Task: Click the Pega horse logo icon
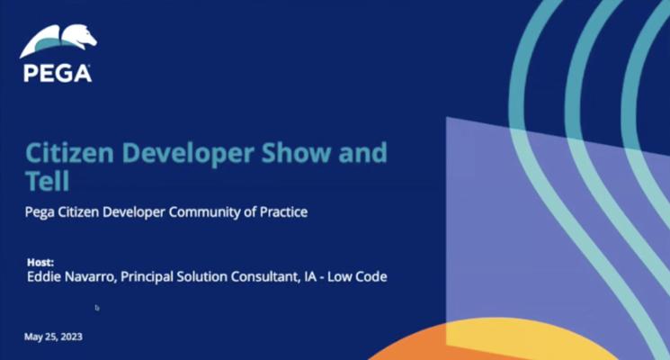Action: pyautogui.click(x=58, y=41)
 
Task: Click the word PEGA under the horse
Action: pyautogui.click(x=58, y=73)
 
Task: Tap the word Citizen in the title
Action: pyautogui.click(x=69, y=153)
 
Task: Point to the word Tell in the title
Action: pyautogui.click(x=47, y=181)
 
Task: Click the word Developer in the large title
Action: pyautogui.click(x=188, y=154)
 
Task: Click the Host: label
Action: pyautogui.click(x=40, y=262)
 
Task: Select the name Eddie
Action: pyautogui.click(x=40, y=276)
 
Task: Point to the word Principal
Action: pyautogui.click(x=147, y=277)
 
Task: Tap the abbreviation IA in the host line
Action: pyautogui.click(x=310, y=276)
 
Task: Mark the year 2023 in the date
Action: pyautogui.click(x=71, y=337)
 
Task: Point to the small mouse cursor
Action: pyautogui.click(x=97, y=308)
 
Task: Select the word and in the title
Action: pyautogui.click(x=362, y=153)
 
